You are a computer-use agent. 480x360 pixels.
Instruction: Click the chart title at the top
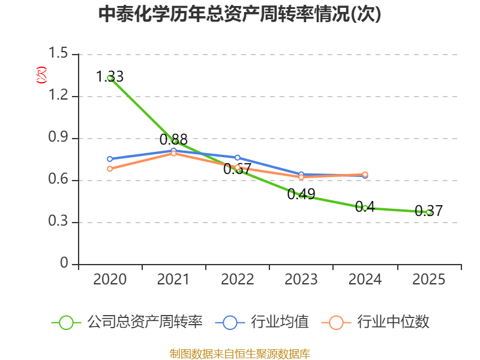click(239, 14)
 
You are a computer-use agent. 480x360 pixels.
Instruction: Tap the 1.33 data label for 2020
click(110, 76)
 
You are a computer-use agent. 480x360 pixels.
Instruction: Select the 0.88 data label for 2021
click(173, 139)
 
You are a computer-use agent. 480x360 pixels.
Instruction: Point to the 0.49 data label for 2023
click(301, 194)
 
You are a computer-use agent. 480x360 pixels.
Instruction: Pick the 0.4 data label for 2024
click(365, 206)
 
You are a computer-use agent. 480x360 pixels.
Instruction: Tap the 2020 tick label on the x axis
click(110, 279)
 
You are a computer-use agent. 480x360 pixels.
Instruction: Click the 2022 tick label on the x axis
click(238, 279)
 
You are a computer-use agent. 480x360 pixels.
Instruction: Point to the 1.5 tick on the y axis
click(58, 54)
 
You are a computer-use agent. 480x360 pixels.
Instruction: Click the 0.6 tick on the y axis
click(58, 180)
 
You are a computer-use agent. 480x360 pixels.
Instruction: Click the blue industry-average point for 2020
click(110, 159)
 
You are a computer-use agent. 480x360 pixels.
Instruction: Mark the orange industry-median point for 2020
click(110, 169)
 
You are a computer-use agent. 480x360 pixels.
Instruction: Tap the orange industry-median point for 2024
click(365, 175)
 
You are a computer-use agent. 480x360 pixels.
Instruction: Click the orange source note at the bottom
click(239, 353)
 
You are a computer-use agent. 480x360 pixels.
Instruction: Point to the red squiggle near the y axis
click(41, 75)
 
